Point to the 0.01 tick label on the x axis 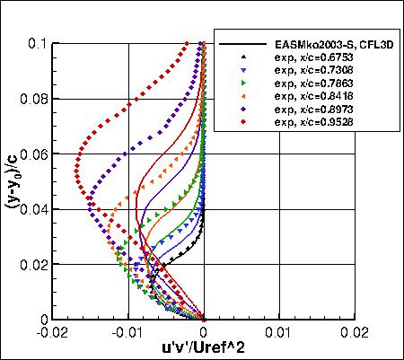pos(280,332)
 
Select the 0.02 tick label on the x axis pos(356,332)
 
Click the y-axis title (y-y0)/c pos(13,180)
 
